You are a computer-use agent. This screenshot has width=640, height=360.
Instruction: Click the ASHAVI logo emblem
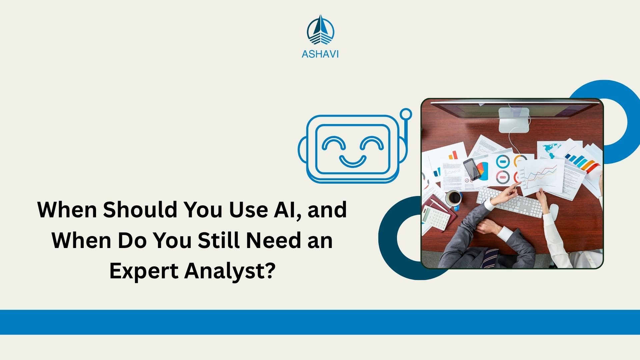click(x=320, y=30)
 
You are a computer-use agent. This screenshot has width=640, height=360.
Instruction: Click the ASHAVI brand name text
click(x=320, y=54)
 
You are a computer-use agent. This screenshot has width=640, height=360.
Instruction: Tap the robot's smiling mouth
click(x=353, y=161)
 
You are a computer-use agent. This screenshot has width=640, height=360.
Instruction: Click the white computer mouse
click(x=553, y=211)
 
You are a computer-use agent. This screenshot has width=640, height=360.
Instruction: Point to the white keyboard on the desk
click(x=510, y=202)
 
